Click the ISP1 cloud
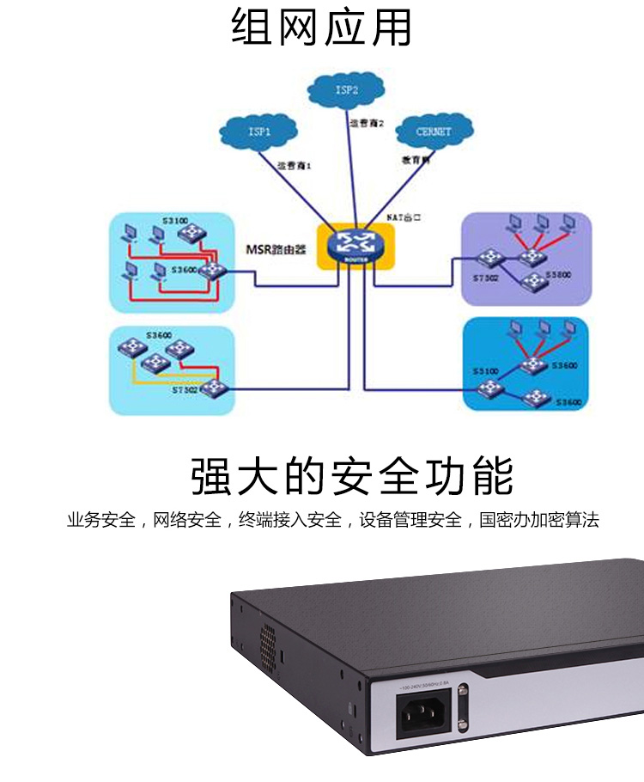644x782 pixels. point(258,133)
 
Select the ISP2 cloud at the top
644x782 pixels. point(346,89)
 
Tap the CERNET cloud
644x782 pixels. point(433,132)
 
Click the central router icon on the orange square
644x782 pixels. point(351,244)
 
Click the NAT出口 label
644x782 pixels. point(406,219)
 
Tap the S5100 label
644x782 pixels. point(484,370)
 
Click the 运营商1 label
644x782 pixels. point(293,164)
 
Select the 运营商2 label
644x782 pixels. point(366,123)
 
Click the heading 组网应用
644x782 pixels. point(322,27)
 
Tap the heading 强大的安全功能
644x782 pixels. point(351,477)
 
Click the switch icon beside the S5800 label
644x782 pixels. point(535,280)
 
